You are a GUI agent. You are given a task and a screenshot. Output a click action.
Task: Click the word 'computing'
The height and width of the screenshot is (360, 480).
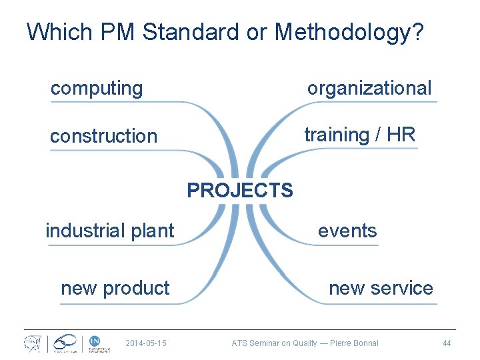point(97,88)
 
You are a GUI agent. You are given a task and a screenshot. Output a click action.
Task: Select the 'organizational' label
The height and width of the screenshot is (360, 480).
point(369,88)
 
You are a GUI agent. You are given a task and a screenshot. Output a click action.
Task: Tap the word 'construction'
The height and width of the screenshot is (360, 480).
point(103,136)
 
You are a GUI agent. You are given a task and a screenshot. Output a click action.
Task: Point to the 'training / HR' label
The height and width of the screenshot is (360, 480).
point(359,135)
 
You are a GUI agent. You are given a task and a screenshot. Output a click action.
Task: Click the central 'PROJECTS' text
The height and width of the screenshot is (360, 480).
point(239,191)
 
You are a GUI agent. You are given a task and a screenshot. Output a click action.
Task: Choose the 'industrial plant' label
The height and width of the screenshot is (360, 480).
point(110,231)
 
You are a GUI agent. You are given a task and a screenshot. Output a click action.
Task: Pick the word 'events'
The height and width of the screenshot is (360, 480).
point(347,231)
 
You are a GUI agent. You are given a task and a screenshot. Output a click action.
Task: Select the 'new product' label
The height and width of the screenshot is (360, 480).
point(115,288)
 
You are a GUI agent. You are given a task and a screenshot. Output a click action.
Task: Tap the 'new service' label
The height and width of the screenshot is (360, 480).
point(381,288)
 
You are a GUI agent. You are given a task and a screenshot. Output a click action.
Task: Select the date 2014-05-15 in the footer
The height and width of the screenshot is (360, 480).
point(145,343)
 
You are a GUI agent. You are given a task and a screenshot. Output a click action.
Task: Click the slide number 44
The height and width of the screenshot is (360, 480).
point(447,343)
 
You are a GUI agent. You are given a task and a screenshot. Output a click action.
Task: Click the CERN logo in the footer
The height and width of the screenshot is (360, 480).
point(33,343)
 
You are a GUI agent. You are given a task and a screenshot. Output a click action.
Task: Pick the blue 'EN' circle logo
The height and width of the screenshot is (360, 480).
point(95,342)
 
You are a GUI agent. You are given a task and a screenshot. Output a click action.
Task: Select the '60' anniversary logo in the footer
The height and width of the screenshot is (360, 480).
point(65,343)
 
